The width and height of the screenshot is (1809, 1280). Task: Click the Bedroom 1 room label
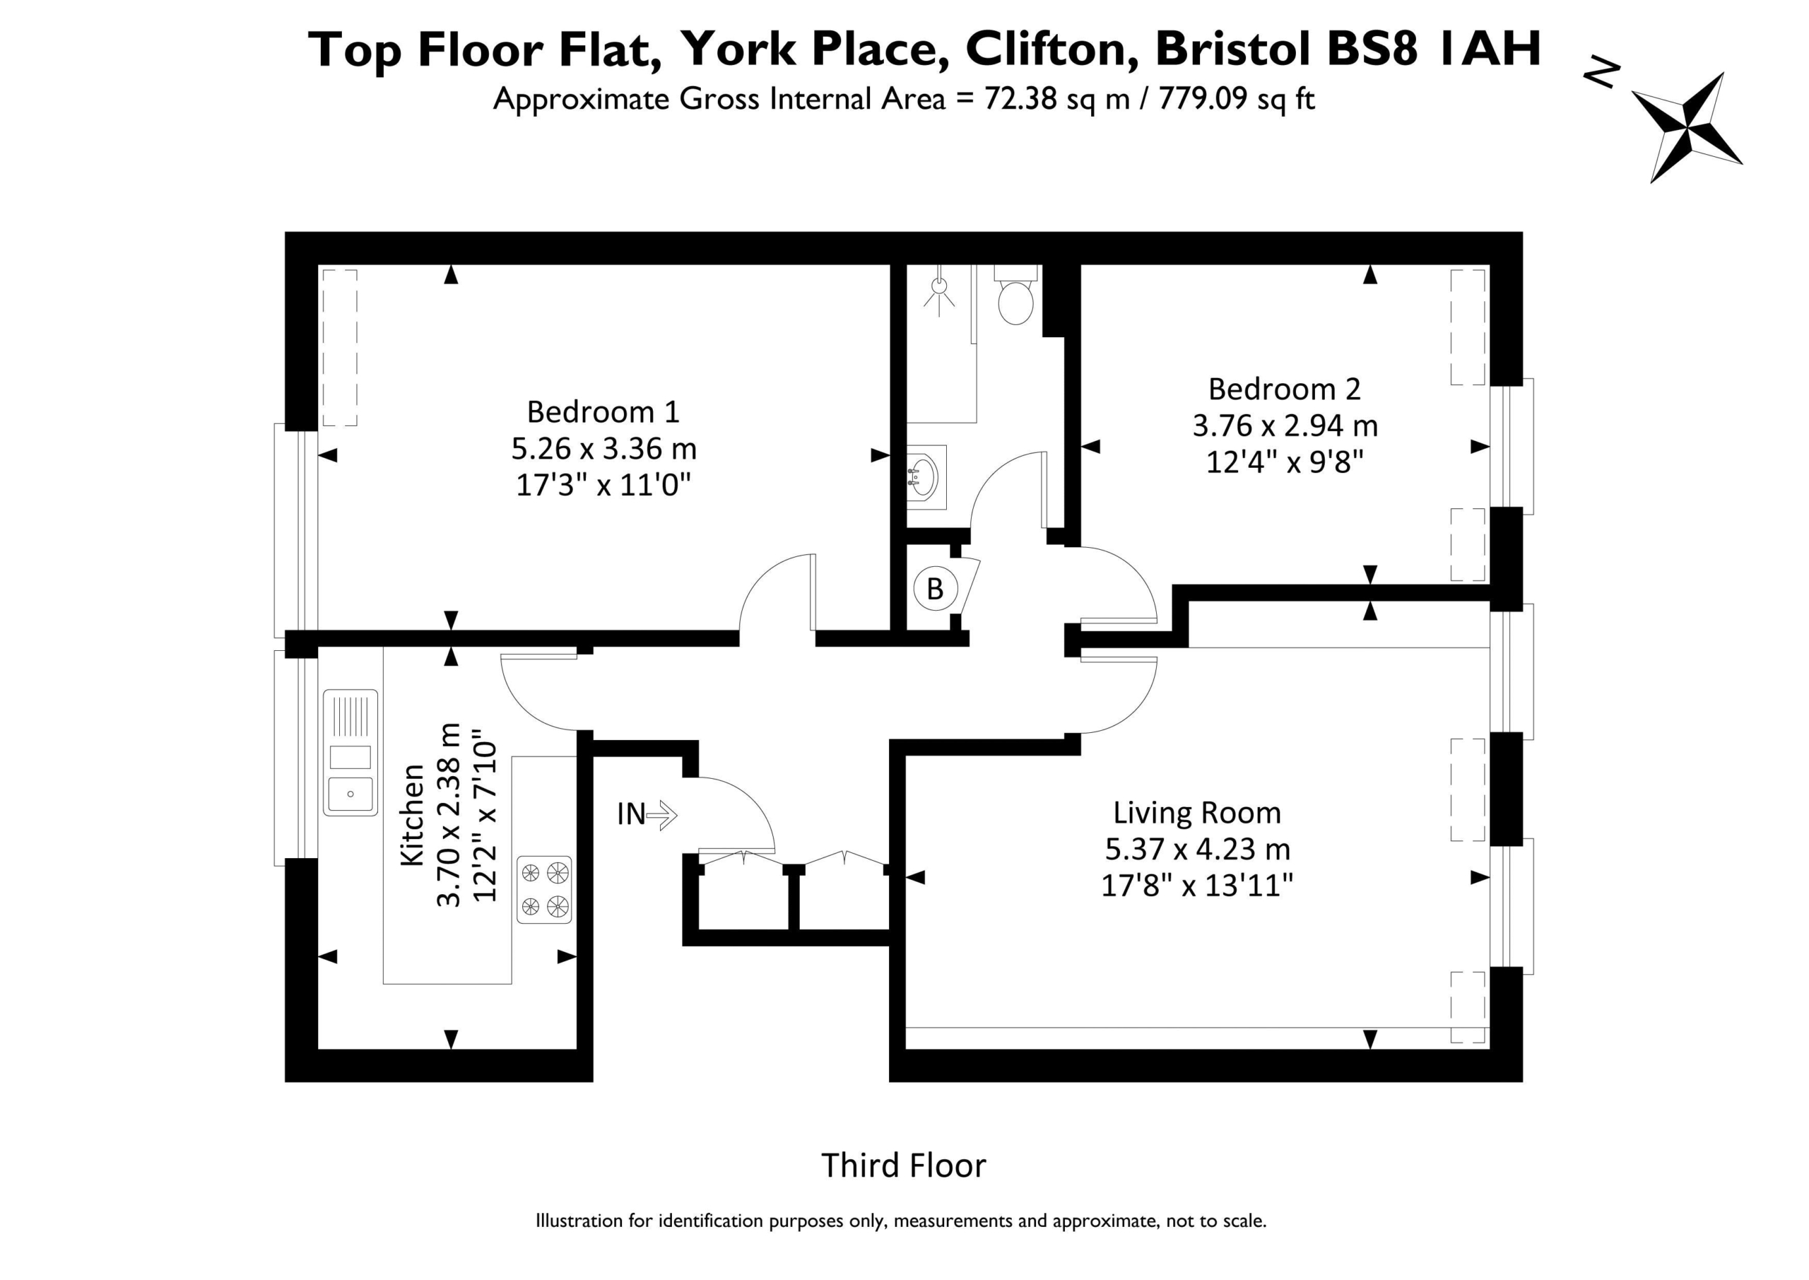click(603, 411)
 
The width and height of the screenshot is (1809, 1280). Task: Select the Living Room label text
click(1197, 813)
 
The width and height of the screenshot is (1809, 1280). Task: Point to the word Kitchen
click(413, 815)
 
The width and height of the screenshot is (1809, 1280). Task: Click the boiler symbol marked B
click(935, 589)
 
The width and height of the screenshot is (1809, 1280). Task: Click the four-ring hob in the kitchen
click(543, 890)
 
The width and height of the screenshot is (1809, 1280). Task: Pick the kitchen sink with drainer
click(350, 753)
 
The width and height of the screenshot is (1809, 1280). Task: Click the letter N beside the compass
click(1602, 74)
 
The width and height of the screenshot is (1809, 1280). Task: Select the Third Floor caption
click(904, 1165)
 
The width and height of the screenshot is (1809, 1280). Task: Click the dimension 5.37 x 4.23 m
click(1198, 849)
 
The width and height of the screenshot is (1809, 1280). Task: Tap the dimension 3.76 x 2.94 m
click(1285, 425)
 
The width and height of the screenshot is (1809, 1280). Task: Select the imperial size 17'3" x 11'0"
click(603, 484)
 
